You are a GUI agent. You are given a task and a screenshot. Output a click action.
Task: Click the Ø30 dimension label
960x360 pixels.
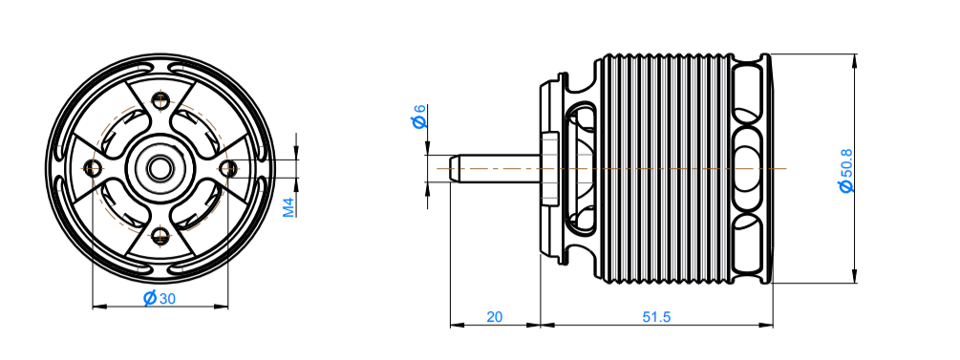click(160, 298)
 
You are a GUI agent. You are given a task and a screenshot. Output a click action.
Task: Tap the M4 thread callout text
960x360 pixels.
click(289, 207)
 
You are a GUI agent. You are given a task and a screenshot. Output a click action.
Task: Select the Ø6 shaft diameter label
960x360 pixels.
click(420, 116)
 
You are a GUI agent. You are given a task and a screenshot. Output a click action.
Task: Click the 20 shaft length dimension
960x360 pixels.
click(495, 316)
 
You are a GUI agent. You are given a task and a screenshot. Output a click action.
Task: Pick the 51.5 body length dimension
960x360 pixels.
click(656, 316)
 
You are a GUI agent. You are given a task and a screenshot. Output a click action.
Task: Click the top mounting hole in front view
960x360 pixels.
click(160, 99)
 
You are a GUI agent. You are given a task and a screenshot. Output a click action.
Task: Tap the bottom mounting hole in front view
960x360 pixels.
click(160, 235)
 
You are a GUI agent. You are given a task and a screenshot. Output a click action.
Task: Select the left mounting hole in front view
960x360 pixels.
click(93, 167)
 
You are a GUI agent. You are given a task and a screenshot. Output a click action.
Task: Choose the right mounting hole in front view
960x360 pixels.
click(228, 167)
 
